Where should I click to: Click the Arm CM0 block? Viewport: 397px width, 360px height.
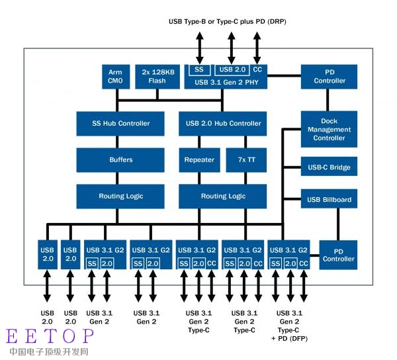pyautogui.click(x=116, y=77)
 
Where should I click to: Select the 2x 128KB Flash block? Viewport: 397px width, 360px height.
pyautogui.click(x=157, y=77)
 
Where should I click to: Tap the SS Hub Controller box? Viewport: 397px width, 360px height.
pyautogui.click(x=120, y=124)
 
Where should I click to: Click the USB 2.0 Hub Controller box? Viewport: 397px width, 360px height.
pyautogui.click(x=222, y=124)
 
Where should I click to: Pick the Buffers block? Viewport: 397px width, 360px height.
pyautogui.click(x=120, y=160)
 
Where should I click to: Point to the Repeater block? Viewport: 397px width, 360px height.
pyautogui.click(x=199, y=160)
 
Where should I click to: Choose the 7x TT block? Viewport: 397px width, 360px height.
pyautogui.click(x=246, y=160)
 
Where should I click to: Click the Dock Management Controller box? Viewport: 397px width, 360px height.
pyautogui.click(x=329, y=129)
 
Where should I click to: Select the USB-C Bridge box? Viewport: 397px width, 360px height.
pyautogui.click(x=329, y=166)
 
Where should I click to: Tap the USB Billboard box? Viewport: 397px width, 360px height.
pyautogui.click(x=329, y=199)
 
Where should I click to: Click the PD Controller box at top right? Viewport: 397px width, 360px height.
pyautogui.click(x=329, y=77)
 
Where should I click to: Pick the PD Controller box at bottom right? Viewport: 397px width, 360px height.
pyautogui.click(x=338, y=255)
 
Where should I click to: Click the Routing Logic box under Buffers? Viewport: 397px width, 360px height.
pyautogui.click(x=120, y=197)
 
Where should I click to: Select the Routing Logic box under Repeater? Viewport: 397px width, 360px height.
pyautogui.click(x=222, y=197)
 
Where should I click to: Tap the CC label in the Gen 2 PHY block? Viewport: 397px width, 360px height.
pyautogui.click(x=257, y=69)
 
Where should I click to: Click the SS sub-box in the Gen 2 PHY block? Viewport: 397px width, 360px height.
pyautogui.click(x=199, y=70)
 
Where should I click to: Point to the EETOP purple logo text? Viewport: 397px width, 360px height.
pyautogui.click(x=50, y=336)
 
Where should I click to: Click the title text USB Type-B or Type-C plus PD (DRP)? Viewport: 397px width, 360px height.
pyautogui.click(x=228, y=22)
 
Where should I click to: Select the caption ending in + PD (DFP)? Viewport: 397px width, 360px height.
pyautogui.click(x=289, y=326)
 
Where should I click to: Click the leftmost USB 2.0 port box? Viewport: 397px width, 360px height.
pyautogui.click(x=48, y=255)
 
